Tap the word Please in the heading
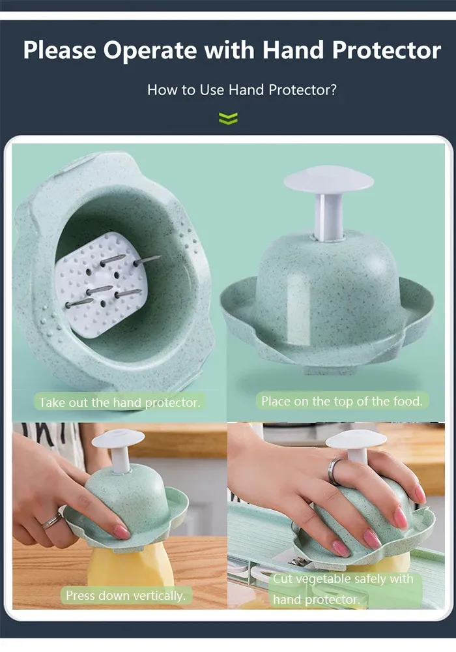click(x=60, y=50)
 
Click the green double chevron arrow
click(x=229, y=119)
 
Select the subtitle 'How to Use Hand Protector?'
click(x=242, y=90)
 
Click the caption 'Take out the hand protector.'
click(x=120, y=402)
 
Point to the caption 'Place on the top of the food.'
click(x=342, y=401)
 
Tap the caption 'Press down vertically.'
click(x=126, y=595)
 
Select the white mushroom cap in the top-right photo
click(x=328, y=180)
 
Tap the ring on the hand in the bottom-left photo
click(x=51, y=520)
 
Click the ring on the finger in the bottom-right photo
click(x=335, y=470)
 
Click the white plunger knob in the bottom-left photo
click(x=119, y=438)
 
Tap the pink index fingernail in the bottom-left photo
click(x=121, y=532)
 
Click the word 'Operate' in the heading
click(x=150, y=51)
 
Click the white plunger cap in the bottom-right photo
click(x=356, y=440)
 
